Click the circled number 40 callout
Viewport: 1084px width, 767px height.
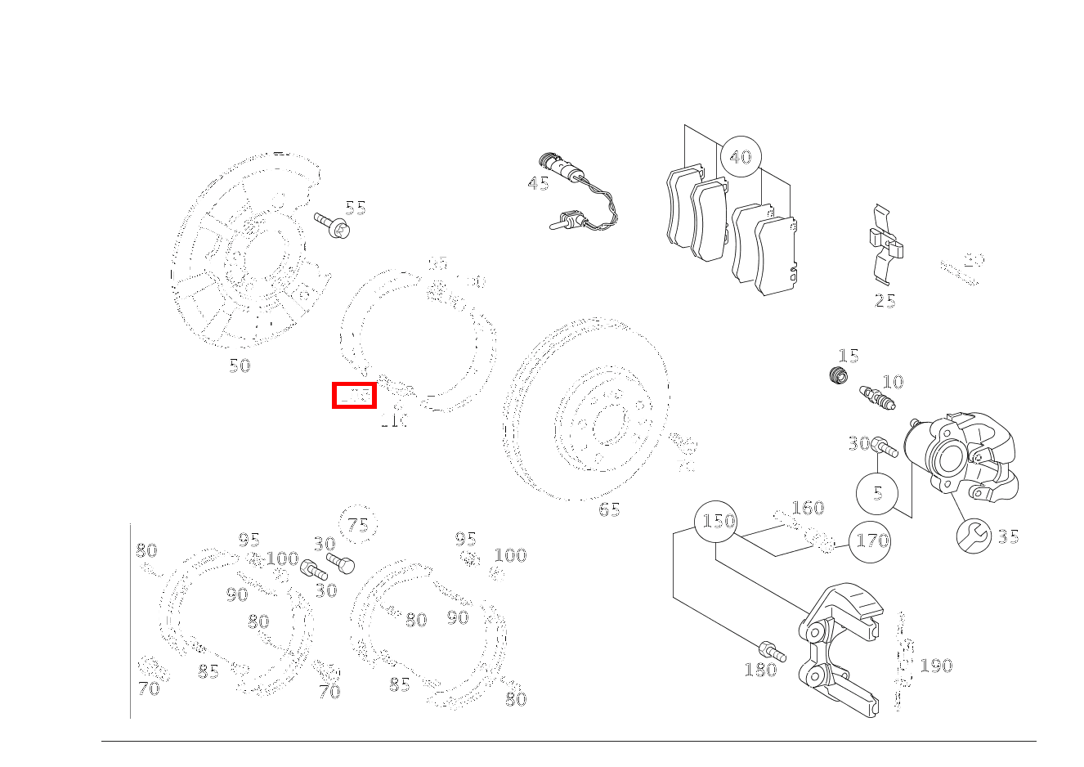(x=740, y=156)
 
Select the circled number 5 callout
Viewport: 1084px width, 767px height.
(x=877, y=493)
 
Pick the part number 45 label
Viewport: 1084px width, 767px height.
(x=539, y=183)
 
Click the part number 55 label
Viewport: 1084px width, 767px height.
(x=355, y=208)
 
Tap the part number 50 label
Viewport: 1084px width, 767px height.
(x=240, y=366)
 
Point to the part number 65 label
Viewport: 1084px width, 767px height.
(x=609, y=509)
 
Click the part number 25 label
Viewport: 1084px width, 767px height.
(x=885, y=301)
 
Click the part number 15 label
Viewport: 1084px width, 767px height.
(x=849, y=356)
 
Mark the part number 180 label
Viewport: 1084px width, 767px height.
(x=759, y=670)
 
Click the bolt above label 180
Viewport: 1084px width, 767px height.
(x=772, y=651)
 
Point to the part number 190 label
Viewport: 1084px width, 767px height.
(x=936, y=666)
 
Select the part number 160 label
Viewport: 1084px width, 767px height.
(x=808, y=508)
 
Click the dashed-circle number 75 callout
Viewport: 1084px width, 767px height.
(x=358, y=525)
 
